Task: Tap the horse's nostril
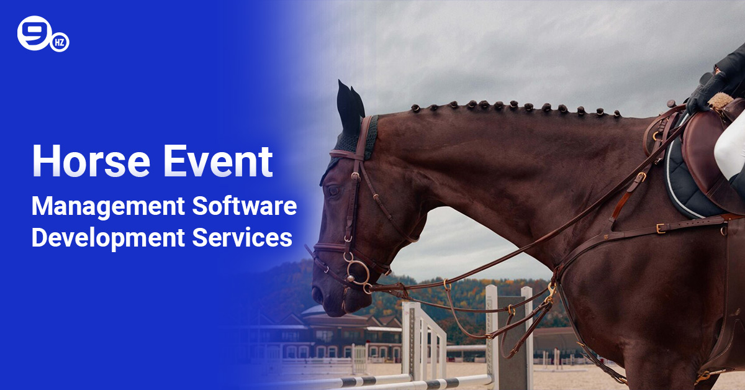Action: [318, 293]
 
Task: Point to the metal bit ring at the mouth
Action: [358, 273]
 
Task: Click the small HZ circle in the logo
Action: [60, 42]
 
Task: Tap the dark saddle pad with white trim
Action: [683, 186]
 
